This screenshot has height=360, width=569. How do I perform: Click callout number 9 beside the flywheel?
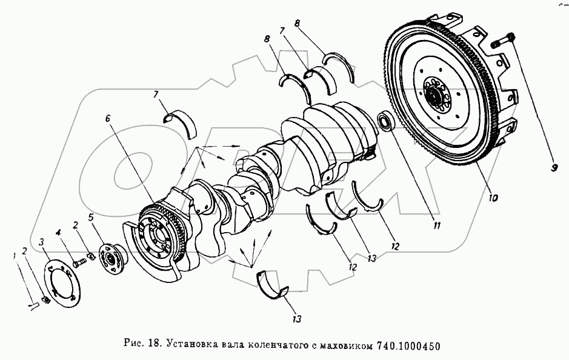click(x=554, y=168)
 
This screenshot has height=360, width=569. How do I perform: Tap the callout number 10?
click(x=493, y=198)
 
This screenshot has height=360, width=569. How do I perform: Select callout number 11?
click(x=436, y=225)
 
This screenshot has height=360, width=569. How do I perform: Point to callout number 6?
click(x=108, y=118)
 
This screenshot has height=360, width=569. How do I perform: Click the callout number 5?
click(x=91, y=217)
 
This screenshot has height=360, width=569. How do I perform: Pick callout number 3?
click(x=42, y=241)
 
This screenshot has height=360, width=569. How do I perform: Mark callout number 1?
click(x=14, y=256)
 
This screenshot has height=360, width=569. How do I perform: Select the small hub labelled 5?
click(x=113, y=259)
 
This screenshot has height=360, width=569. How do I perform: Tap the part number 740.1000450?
click(x=408, y=344)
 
